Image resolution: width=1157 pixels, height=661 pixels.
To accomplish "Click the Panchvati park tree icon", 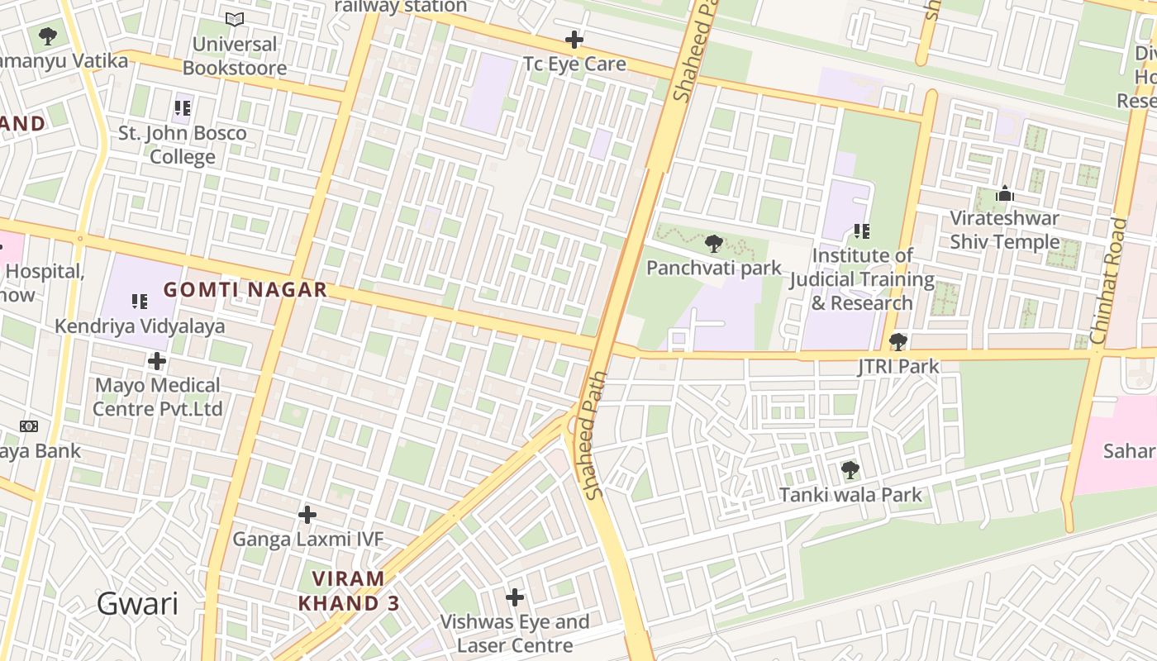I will click(714, 244).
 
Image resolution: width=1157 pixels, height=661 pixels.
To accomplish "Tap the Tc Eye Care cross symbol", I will click(574, 39).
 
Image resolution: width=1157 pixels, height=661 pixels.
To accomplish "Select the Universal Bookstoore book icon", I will click(235, 19).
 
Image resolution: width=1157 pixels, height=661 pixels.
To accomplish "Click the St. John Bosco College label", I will click(183, 145).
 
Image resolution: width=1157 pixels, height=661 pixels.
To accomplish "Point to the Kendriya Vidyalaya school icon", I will click(140, 302).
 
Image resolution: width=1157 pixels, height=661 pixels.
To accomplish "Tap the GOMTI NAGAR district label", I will click(245, 290).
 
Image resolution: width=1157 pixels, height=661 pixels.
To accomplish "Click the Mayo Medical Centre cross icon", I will click(157, 361).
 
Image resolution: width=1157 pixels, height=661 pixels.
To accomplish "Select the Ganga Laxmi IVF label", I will click(307, 540).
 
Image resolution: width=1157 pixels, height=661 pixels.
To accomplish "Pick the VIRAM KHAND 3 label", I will click(348, 591).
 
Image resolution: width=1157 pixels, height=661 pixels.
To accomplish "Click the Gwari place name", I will click(137, 604).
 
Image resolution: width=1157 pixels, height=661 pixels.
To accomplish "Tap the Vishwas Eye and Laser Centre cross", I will click(515, 597).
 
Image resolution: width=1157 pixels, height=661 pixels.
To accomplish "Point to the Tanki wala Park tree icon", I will click(850, 471).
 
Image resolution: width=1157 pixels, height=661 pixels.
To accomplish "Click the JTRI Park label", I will click(898, 366).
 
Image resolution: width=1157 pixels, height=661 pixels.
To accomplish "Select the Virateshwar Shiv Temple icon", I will click(1005, 194).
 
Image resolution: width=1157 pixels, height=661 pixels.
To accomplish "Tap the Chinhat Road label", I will click(1108, 281).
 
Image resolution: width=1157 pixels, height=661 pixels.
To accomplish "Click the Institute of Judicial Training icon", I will click(862, 231).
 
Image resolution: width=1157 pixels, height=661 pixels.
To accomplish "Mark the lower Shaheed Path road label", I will click(595, 435).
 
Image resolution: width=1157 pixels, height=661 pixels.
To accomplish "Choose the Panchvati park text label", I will click(713, 268).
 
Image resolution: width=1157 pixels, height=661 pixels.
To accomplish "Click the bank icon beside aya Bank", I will click(29, 426).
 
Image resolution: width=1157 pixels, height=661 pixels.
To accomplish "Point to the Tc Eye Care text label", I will click(574, 64).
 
